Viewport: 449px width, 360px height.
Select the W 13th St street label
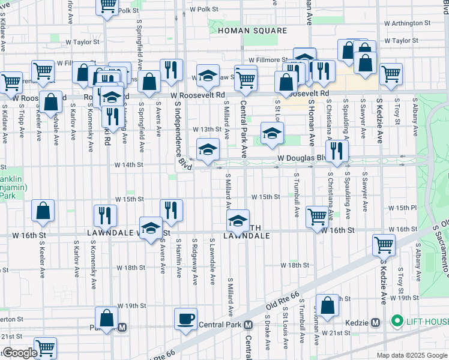206,129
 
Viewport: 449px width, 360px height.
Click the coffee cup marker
185,318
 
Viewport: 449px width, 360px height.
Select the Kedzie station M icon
376,322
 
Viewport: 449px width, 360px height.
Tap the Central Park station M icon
248,325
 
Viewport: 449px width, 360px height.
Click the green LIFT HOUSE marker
396,322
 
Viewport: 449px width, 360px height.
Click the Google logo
19,353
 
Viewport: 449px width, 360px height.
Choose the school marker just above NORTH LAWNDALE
238,220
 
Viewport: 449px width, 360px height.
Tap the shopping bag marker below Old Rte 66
328,305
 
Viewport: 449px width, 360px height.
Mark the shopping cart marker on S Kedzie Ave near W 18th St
384,244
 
